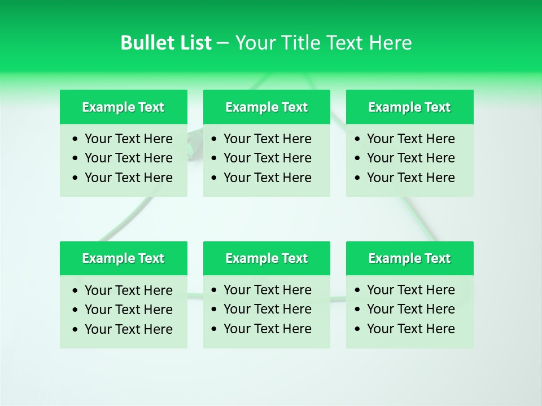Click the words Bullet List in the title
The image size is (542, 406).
166,43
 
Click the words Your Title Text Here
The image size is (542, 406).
323,43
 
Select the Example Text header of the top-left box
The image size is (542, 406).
123,107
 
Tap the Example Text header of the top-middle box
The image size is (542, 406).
266,107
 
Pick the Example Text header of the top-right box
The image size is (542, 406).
409,107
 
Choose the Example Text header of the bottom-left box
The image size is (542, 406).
123,258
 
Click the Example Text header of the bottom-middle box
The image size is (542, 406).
266,258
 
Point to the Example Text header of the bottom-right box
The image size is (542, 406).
409,258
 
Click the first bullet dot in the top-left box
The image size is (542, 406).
75,139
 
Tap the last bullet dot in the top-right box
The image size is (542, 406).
357,178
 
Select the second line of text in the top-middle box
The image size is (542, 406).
267,158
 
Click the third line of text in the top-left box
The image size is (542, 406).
128,178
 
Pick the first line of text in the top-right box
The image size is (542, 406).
410,139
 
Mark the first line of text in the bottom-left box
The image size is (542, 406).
128,290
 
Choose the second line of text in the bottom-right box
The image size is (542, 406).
410,309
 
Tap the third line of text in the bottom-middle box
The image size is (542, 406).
267,329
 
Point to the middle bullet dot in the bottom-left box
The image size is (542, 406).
75,310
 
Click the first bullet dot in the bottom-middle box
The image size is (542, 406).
214,290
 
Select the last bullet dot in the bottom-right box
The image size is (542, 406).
357,329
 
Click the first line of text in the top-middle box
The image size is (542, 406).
267,139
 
